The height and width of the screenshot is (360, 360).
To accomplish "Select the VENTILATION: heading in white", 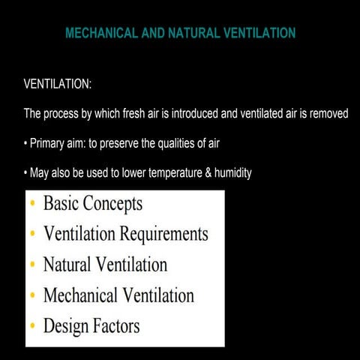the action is [58, 84].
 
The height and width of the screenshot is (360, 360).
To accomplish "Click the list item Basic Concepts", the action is [92, 203].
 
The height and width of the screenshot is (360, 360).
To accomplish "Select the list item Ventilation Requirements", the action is [125, 234].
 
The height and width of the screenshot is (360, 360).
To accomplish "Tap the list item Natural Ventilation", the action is [105, 265].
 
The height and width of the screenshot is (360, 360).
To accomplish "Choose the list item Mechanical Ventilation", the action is [118, 295].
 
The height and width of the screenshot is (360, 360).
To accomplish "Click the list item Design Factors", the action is [91, 326].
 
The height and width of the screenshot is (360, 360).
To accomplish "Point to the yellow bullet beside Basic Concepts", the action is [31, 204].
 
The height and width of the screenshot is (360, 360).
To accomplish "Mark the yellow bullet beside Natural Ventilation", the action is [31, 265].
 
